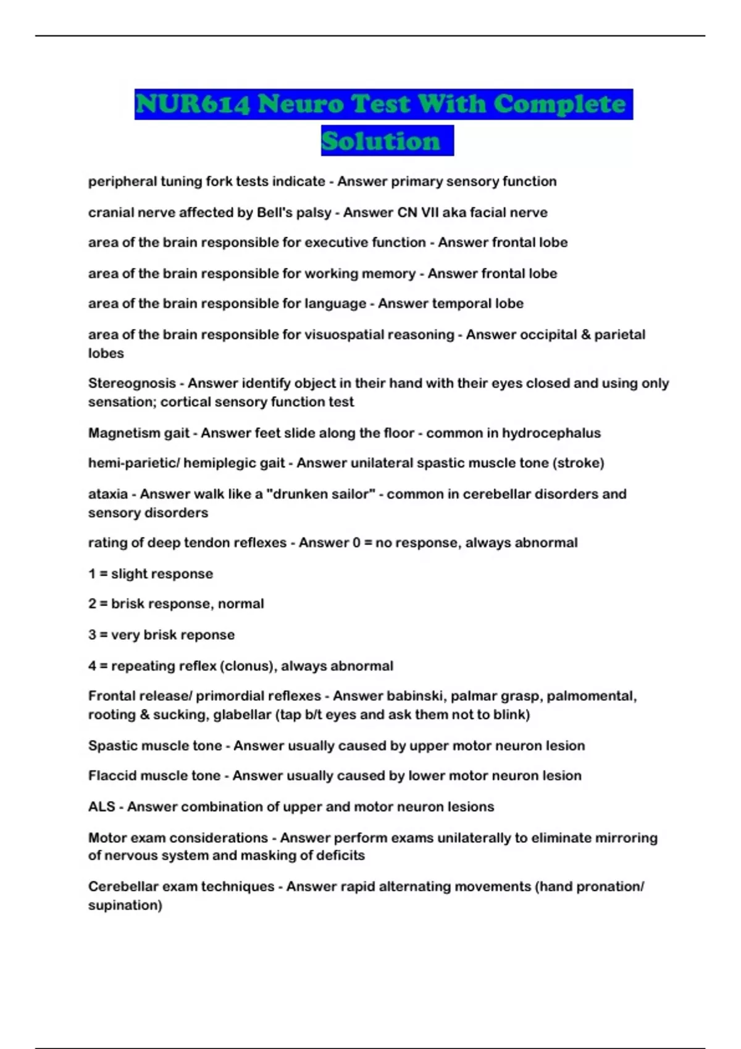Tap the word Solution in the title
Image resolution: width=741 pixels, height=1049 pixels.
[381, 141]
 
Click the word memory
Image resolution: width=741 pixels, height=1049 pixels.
[388, 273]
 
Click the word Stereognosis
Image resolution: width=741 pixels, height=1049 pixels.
[132, 383]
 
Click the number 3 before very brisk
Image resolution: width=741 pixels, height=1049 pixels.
[92, 635]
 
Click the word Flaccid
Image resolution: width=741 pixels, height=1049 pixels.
[111, 776]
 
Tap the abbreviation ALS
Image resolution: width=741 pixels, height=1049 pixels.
[102, 807]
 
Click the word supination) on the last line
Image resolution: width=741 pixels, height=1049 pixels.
[125, 905]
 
